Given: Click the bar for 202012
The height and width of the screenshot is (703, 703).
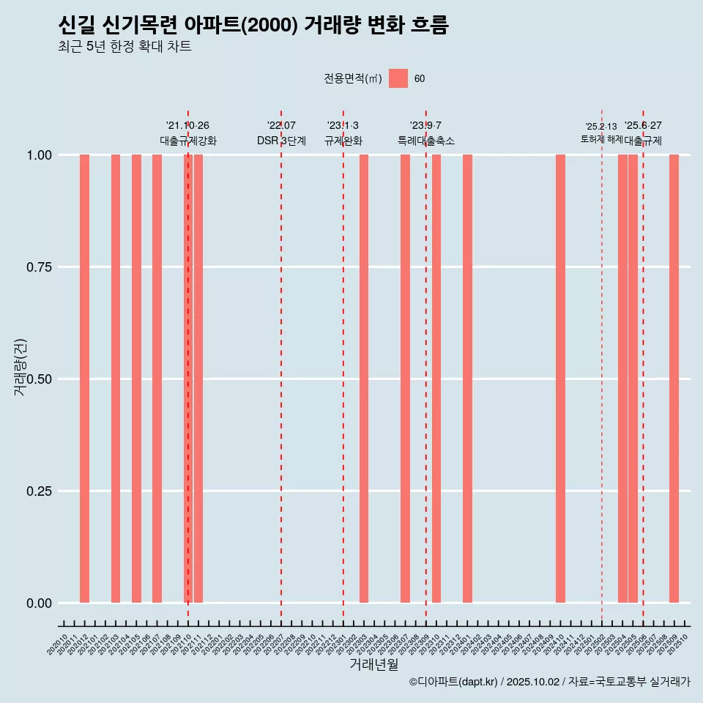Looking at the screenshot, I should tap(84, 379).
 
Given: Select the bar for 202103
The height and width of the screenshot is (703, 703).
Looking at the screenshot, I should tap(116, 379).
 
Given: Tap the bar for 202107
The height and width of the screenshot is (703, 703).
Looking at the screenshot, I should tap(157, 379).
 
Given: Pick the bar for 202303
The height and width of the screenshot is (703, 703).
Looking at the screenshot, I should tap(364, 379).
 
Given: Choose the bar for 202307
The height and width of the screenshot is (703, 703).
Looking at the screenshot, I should tap(405, 379).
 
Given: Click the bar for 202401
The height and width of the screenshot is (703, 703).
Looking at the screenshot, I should tap(467, 379).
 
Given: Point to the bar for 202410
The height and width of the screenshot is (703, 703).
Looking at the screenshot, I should tap(560, 379).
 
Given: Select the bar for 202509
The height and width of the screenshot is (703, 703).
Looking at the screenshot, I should tap(674, 379).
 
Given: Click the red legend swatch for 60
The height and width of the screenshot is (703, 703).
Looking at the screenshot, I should tap(398, 78).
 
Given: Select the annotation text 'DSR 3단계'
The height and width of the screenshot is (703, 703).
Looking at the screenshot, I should tap(281, 141).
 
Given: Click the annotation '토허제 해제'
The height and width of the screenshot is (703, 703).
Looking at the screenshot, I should tap(601, 138).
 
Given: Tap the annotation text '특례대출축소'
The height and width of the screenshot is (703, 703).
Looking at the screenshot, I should tap(426, 141).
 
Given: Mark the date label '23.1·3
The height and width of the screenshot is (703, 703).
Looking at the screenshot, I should tap(343, 126).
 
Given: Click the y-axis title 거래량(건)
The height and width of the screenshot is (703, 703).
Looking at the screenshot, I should tap(20, 368).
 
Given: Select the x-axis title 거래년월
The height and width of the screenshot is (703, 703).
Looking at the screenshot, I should tap(373, 665).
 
